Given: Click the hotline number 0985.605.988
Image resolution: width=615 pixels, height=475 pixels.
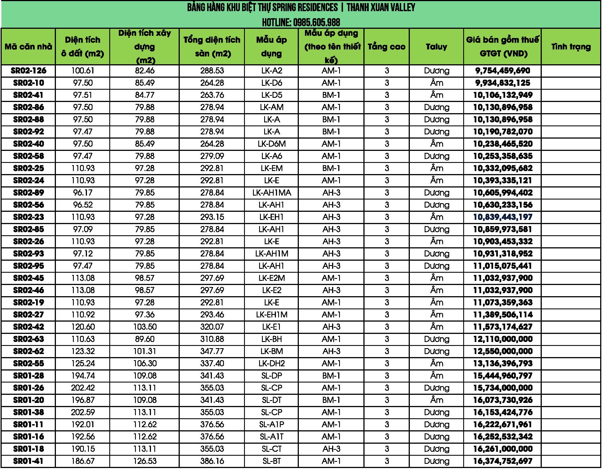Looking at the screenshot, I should coord(316,23).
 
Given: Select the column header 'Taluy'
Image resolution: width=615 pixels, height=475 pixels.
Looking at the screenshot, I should coord(436,47).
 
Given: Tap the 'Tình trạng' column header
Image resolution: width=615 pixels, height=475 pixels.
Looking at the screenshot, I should coord(571,47).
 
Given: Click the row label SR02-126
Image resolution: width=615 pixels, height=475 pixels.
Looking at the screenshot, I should coord(29,71).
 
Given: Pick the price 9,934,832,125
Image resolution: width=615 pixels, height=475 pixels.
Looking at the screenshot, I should coord(503,83).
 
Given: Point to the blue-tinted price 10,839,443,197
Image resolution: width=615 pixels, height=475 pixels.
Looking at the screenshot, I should coord(503,217).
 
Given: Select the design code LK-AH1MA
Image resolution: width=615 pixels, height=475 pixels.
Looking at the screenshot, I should coord(271,193).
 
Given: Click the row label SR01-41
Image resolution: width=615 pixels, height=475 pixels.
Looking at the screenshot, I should coord(29,461).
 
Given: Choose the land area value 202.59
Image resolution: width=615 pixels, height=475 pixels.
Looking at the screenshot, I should coord(83,412).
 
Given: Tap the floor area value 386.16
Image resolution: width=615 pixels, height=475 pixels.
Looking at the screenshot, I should coord(212,461).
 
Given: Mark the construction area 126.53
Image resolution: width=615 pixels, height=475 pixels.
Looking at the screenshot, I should coord(145,461).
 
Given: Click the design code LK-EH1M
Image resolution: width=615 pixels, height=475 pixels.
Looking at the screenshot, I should coord(271,315).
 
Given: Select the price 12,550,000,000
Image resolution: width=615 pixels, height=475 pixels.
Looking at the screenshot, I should coord(503,351).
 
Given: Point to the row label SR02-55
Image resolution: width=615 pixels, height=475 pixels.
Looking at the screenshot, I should coord(29,363).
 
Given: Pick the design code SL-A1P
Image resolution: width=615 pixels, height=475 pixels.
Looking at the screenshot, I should coord(271,424).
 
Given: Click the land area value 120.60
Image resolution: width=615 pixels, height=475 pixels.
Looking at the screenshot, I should coord(83,327).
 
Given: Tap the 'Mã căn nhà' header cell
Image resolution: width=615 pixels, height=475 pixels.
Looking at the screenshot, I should coord(29,47).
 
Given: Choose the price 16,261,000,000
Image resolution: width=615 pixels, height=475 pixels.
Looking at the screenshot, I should coord(503,449).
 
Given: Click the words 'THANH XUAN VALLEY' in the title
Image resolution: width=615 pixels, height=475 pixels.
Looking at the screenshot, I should coord(381,8).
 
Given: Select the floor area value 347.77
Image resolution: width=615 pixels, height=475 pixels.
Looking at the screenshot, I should coord(212,351).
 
